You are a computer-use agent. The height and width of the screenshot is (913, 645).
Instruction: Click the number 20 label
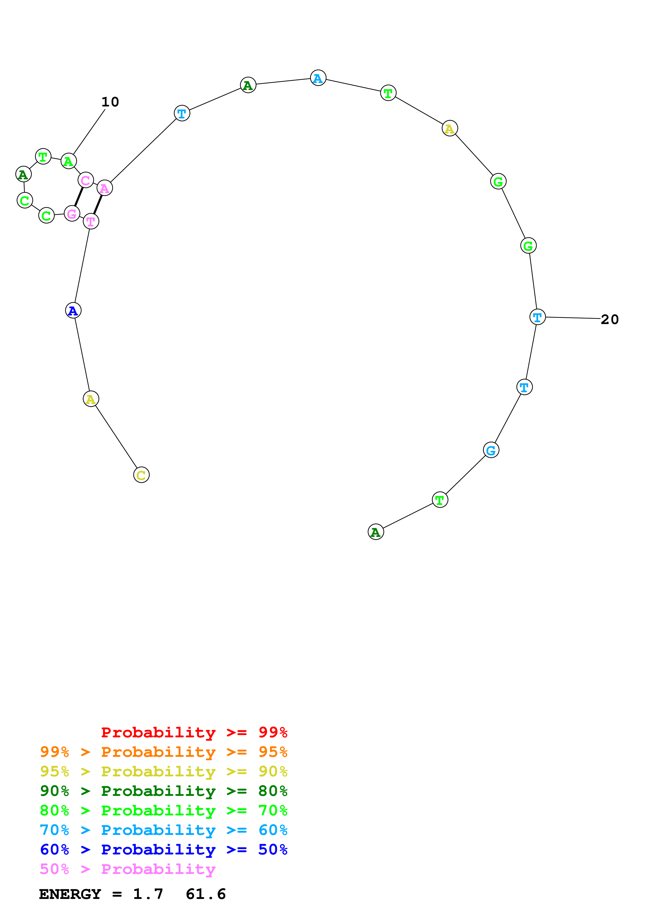609,319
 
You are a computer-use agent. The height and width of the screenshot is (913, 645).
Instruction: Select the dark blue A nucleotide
73,310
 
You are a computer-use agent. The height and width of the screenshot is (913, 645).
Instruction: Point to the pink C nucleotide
85,180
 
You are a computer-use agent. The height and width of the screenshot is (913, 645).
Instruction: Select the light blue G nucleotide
491,450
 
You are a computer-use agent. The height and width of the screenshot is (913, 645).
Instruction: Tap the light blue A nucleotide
318,78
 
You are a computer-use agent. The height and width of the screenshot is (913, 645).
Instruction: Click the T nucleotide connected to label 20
537,317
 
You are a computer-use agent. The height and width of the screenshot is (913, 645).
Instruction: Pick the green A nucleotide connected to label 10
69,161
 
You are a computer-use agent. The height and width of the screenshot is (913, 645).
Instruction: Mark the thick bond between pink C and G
79,197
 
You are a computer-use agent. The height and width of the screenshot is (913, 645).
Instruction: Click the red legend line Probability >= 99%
194,732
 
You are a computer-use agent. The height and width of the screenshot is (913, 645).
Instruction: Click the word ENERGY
70,894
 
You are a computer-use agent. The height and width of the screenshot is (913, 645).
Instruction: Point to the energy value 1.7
148,894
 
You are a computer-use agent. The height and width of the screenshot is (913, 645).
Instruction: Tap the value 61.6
206,894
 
